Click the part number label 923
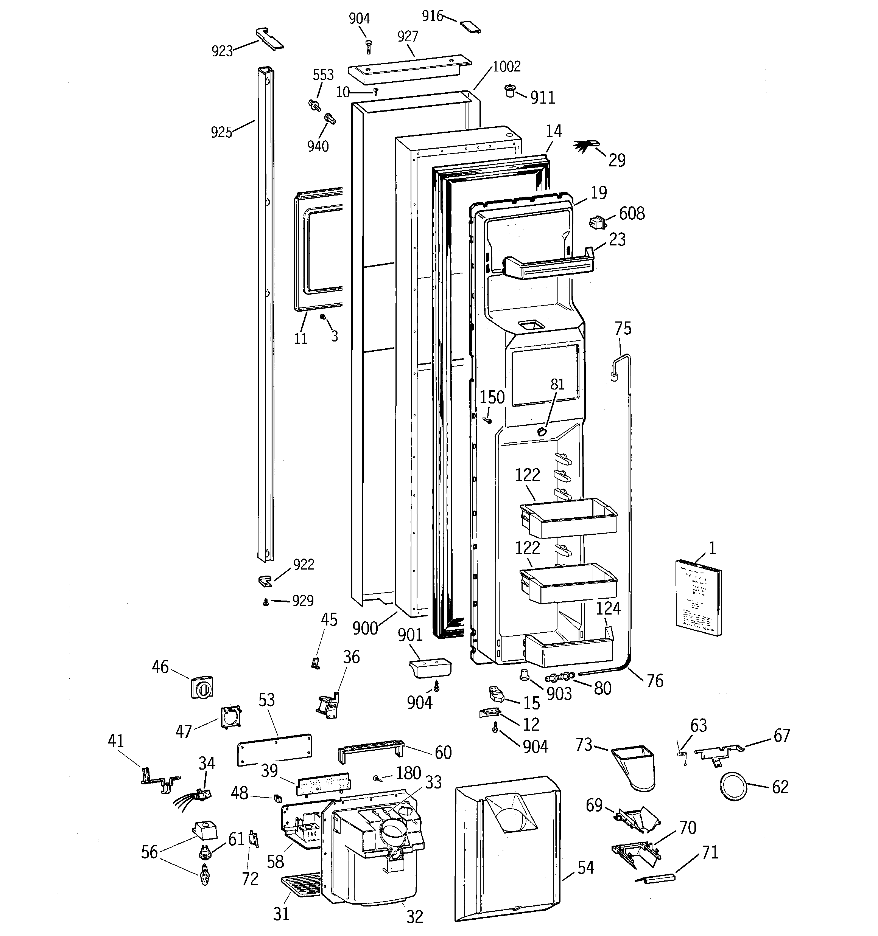[222, 51]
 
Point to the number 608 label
[632, 214]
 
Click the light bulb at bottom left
[204, 875]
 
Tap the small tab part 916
[471, 26]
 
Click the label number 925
[221, 132]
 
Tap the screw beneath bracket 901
[437, 688]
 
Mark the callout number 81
[557, 385]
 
